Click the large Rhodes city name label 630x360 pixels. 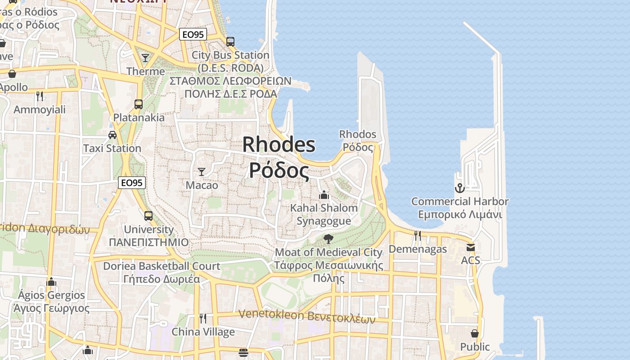point(279,157)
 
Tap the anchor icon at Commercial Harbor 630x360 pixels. point(459,188)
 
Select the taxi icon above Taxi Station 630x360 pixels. point(112,135)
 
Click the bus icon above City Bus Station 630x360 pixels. point(230,42)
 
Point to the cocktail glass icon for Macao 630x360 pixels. point(202,171)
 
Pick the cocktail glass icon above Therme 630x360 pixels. point(145,58)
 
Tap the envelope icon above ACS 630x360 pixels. point(471,247)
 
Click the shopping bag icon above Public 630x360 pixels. point(475,333)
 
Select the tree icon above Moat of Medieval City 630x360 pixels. point(328,238)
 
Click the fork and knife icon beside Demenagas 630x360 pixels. point(418,235)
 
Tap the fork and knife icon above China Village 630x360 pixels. point(203,319)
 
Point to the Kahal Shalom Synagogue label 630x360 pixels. point(324,214)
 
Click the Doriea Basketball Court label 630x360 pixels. point(162,272)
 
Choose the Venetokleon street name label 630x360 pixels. point(307,316)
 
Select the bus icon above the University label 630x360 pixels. point(148,216)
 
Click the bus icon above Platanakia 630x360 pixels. point(139,104)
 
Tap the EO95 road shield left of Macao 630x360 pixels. point(132,183)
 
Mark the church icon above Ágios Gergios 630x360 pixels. point(51,282)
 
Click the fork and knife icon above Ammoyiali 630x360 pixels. point(40,96)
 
